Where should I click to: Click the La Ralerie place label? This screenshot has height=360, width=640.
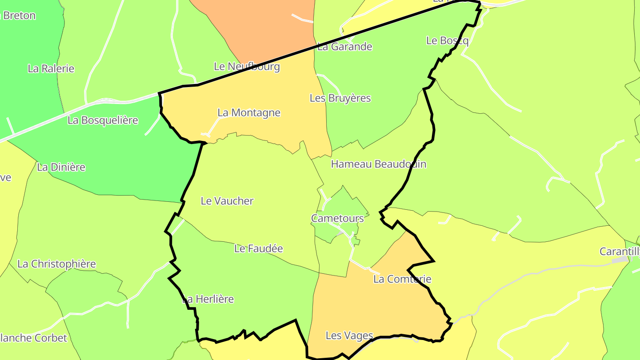(51, 68)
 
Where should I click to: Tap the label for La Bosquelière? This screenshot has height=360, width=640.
(103, 120)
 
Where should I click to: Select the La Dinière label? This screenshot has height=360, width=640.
(61, 167)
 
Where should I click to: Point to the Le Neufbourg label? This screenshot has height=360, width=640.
(247, 67)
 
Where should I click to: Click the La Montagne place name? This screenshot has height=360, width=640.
(249, 113)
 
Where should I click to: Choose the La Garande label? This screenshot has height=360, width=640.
(344, 46)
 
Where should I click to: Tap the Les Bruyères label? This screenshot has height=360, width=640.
(340, 98)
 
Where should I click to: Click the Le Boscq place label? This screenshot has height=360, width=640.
(447, 40)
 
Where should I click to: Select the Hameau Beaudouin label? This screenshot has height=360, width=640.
(379, 164)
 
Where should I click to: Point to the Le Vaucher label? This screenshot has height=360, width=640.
(227, 201)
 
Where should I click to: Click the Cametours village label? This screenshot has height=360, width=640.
(337, 218)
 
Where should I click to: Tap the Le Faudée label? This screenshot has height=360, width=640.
(259, 248)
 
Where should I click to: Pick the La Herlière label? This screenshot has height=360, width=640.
(208, 299)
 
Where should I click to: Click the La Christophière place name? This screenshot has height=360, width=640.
(56, 264)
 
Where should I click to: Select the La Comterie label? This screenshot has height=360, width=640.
(402, 279)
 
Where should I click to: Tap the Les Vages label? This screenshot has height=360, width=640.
(349, 336)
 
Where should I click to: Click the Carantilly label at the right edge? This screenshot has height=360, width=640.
(620, 252)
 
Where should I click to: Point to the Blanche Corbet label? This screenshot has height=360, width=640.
(33, 338)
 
